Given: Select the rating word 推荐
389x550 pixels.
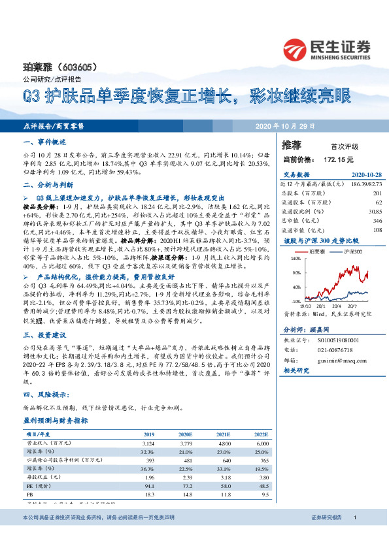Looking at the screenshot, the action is click(292, 144).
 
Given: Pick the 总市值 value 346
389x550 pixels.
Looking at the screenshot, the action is click(376, 221).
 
